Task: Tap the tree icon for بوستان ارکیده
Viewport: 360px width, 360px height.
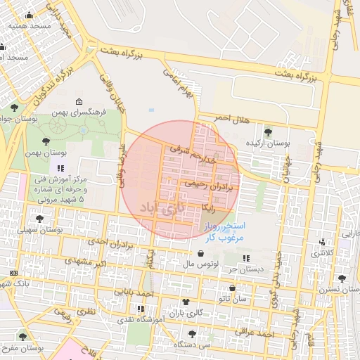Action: coord(267,131)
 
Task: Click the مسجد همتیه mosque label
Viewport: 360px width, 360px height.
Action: coord(30,25)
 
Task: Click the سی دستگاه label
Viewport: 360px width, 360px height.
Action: coord(195,345)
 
